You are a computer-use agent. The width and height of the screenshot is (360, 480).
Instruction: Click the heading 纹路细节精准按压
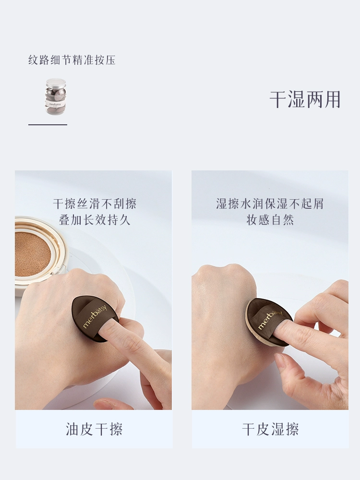(72, 60)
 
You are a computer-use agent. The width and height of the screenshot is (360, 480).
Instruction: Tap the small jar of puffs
(56, 96)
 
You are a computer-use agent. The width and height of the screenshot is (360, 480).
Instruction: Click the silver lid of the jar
(56, 83)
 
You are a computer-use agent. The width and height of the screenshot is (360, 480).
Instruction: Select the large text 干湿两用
(305, 99)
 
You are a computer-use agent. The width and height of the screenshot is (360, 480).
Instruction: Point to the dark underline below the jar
(48, 125)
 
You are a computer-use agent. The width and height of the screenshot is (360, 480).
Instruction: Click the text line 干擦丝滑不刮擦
(95, 204)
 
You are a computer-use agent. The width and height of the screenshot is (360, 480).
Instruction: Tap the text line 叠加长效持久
(95, 220)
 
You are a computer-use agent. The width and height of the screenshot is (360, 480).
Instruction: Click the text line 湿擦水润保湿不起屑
(270, 204)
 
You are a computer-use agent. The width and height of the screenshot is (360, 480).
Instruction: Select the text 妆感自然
(270, 220)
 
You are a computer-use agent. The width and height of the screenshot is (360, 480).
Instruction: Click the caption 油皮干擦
(94, 429)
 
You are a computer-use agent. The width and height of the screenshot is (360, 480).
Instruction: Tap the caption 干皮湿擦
(270, 429)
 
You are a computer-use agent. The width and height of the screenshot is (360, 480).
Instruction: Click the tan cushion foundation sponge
(32, 254)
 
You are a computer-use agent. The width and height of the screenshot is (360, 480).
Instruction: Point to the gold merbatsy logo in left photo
(95, 316)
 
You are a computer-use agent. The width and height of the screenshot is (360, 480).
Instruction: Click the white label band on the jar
(55, 104)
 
